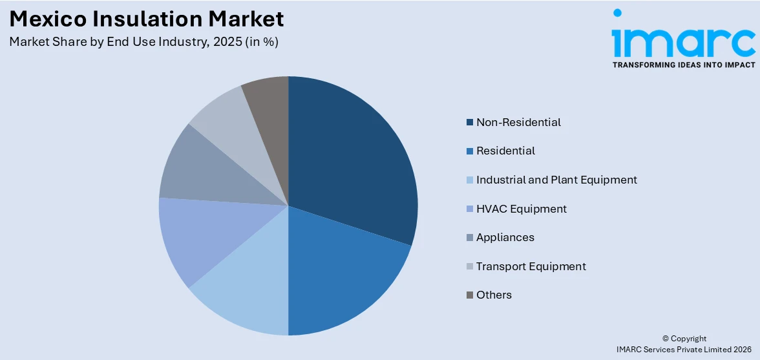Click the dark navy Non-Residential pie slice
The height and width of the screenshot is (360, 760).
pyautogui.click(x=352, y=162)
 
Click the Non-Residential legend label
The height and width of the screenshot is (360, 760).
pyautogui.click(x=518, y=122)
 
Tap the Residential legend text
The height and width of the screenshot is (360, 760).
pyautogui.click(x=505, y=151)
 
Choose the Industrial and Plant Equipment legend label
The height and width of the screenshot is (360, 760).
pyautogui.click(x=556, y=180)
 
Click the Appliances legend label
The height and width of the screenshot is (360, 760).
pyautogui.click(x=505, y=237)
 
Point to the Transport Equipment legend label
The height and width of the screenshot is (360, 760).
pyautogui.click(x=531, y=266)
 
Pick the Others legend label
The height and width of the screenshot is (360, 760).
pyautogui.click(x=494, y=295)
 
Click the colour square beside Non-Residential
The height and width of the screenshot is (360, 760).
pyautogui.click(x=470, y=122)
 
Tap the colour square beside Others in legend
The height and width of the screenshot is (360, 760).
pyautogui.click(x=470, y=295)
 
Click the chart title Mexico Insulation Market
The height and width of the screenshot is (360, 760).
pyautogui.click(x=147, y=19)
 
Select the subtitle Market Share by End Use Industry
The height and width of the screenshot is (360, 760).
pyautogui.click(x=143, y=42)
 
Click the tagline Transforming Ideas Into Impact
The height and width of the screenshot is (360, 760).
pyautogui.click(x=683, y=65)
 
